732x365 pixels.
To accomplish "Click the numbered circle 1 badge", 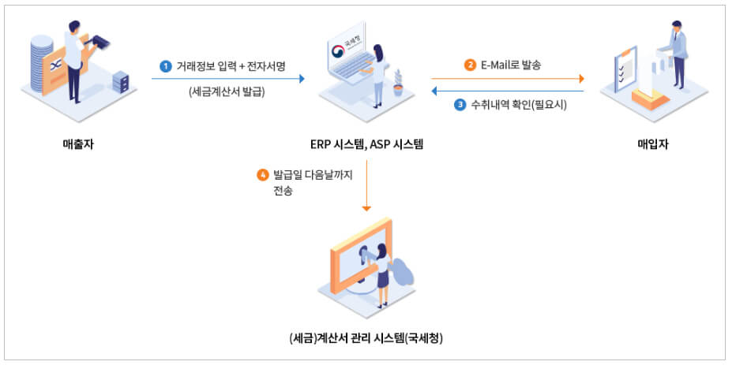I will tap(165, 66).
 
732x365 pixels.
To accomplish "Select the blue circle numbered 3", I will tap(460, 104).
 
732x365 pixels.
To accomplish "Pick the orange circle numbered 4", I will tap(263, 175).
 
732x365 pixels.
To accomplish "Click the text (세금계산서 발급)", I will tap(227, 91).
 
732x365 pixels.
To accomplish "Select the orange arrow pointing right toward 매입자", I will tap(505, 78).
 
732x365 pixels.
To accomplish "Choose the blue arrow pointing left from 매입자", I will tap(505, 91).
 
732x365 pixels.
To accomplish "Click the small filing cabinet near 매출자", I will tap(120, 81).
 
